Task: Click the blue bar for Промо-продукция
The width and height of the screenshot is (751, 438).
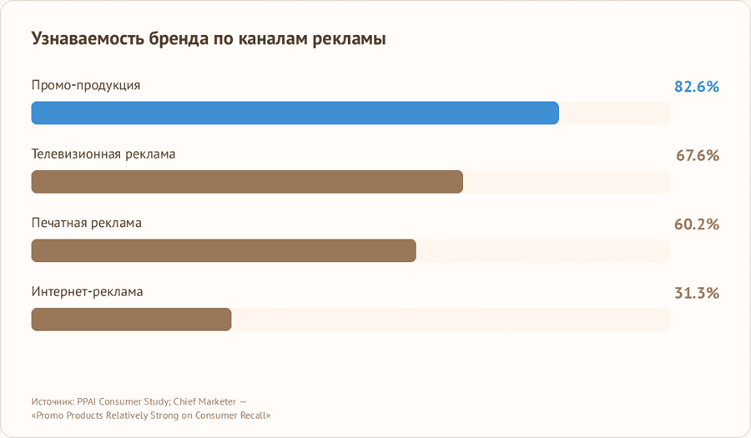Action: tap(295, 113)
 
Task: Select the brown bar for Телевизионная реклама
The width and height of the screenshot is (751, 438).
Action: tap(247, 182)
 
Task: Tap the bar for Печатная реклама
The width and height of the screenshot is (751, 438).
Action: tap(224, 250)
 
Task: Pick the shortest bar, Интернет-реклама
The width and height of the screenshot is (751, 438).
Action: tap(131, 320)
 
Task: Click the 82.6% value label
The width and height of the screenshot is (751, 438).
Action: tap(697, 87)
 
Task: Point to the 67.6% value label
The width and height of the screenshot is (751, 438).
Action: tap(697, 155)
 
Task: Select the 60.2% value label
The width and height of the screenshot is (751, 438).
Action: tap(697, 224)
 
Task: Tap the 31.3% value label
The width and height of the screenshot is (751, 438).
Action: tap(697, 293)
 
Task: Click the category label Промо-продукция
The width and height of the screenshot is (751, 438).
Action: tap(86, 85)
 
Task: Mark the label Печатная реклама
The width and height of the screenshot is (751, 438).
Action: tap(87, 223)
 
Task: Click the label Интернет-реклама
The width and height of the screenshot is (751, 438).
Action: tap(88, 292)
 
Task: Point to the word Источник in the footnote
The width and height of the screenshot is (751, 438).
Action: tap(52, 400)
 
